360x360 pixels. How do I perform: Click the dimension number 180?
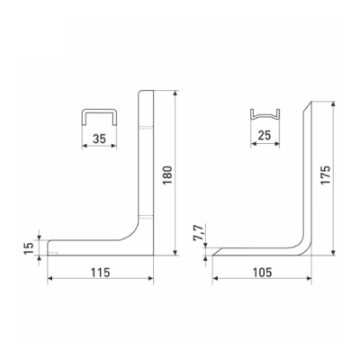point(167,175)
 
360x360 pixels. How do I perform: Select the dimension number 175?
point(325,175)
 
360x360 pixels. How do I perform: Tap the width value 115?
point(101,273)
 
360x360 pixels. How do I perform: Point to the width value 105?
point(262,273)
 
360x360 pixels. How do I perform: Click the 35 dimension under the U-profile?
point(99,139)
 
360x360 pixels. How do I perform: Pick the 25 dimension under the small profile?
point(265,136)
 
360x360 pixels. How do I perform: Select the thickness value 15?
point(29,247)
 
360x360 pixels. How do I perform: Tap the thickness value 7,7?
point(198,232)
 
